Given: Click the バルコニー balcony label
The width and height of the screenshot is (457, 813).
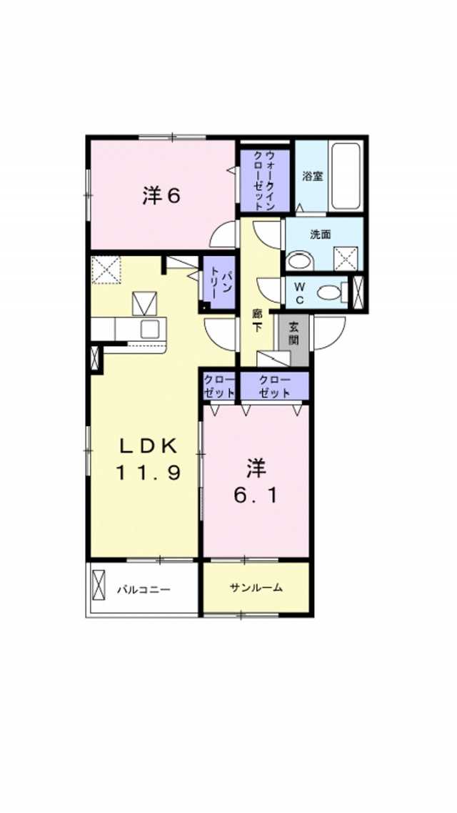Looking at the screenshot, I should tap(144, 590).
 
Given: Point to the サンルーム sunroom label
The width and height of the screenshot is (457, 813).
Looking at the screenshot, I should tap(256, 588).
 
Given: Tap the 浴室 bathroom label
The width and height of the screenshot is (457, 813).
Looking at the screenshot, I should tap(311, 176).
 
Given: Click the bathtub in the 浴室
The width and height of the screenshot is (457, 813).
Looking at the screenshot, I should tap(346, 177).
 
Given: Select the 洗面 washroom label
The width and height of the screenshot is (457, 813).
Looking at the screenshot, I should tap(321, 233).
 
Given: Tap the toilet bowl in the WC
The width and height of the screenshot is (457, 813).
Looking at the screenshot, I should tap(329, 292).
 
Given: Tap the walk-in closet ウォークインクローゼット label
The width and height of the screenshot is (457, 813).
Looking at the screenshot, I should tap(264, 180).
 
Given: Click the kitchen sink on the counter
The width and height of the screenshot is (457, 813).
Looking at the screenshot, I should tap(150, 329).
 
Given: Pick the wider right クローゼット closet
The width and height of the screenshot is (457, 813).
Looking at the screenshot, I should tap(274, 386).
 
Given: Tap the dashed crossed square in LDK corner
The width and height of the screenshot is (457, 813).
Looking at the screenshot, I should tap(107, 270).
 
